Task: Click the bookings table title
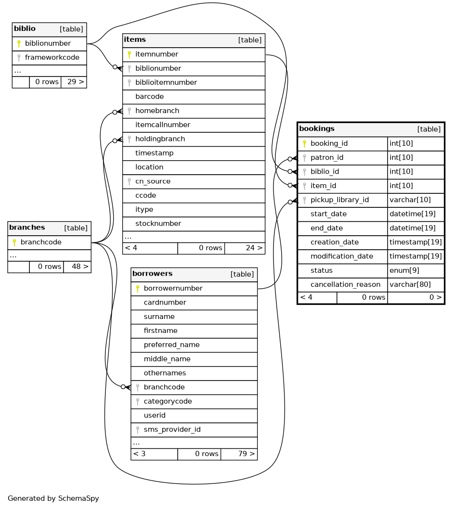317,129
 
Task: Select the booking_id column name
329,143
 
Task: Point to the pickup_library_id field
339,200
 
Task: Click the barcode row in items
149,97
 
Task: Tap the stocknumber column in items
158,223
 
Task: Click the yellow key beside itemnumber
129,54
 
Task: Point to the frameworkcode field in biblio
52,58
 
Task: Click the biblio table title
25,29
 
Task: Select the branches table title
27,228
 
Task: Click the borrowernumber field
173,289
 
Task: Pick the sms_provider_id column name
172,430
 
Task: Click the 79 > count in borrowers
246,454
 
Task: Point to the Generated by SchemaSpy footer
53,498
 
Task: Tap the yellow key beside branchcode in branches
14,242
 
